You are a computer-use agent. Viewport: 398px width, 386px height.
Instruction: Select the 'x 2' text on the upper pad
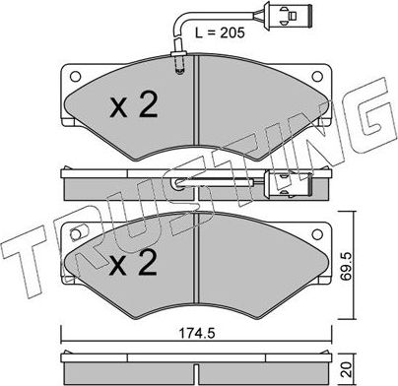(x=132, y=105)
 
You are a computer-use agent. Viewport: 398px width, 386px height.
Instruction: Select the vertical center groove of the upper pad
(x=199, y=103)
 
